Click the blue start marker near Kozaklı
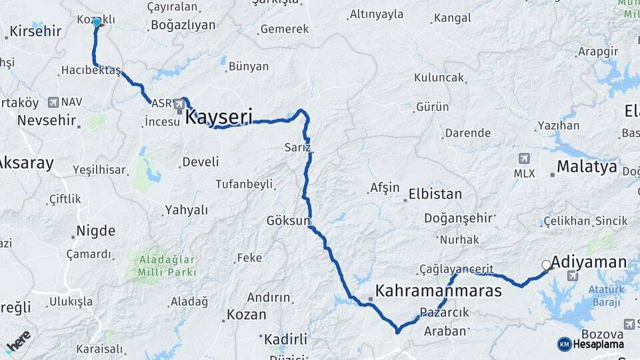(x=97, y=22)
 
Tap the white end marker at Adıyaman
(x=547, y=265)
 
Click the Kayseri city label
(x=219, y=118)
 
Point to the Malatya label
(x=587, y=167)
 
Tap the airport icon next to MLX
(x=524, y=159)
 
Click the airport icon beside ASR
(x=179, y=104)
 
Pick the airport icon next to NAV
(x=53, y=102)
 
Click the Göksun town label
(x=289, y=220)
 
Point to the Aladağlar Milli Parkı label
(x=167, y=265)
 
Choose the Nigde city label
(x=95, y=231)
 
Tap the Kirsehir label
(x=36, y=31)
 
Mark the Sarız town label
(x=297, y=147)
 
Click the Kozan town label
(x=246, y=314)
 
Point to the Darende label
(x=468, y=133)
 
